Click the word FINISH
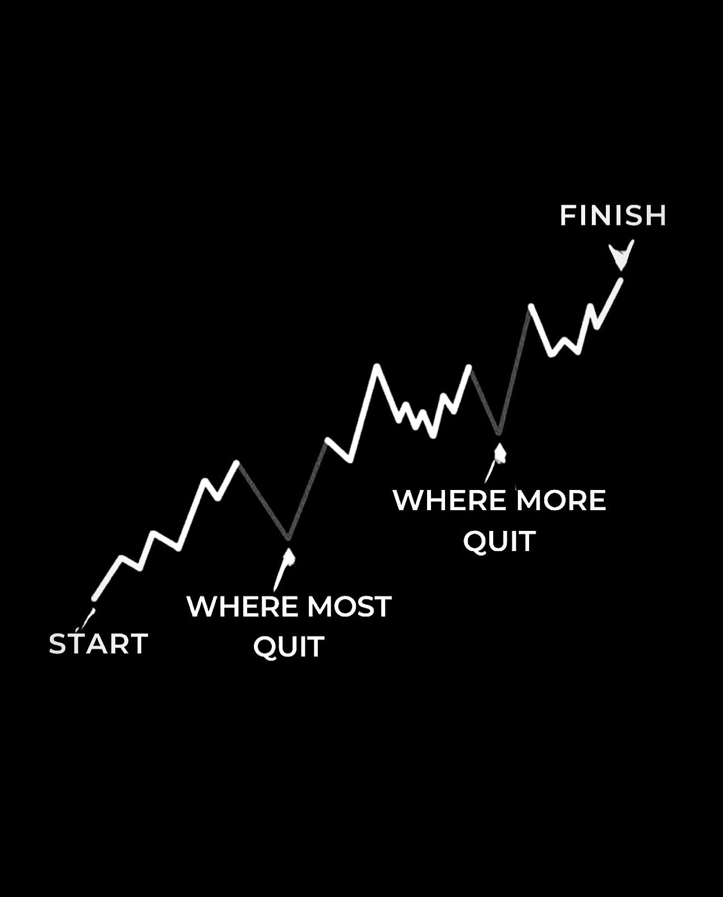613,215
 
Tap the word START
98,644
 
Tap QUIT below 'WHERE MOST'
289,648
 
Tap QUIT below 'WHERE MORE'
499,542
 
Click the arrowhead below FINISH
622,255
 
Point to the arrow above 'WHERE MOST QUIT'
284,570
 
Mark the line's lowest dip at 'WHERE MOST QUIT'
288,538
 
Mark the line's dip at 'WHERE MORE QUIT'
499,432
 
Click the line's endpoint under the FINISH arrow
621,280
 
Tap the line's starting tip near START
94,599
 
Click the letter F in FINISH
568,215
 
